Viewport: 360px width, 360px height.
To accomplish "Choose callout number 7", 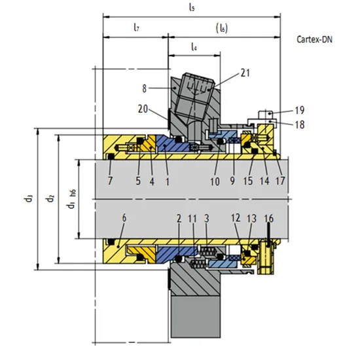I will click(109, 179).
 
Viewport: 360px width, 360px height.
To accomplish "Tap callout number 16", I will click(268, 217).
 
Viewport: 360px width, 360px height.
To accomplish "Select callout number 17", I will click(280, 179).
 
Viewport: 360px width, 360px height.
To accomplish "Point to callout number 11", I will click(192, 217).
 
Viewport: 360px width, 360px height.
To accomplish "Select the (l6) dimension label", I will click(223, 27).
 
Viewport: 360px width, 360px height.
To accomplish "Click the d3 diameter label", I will click(30, 197).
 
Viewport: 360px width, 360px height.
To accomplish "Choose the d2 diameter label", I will click(50, 197).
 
